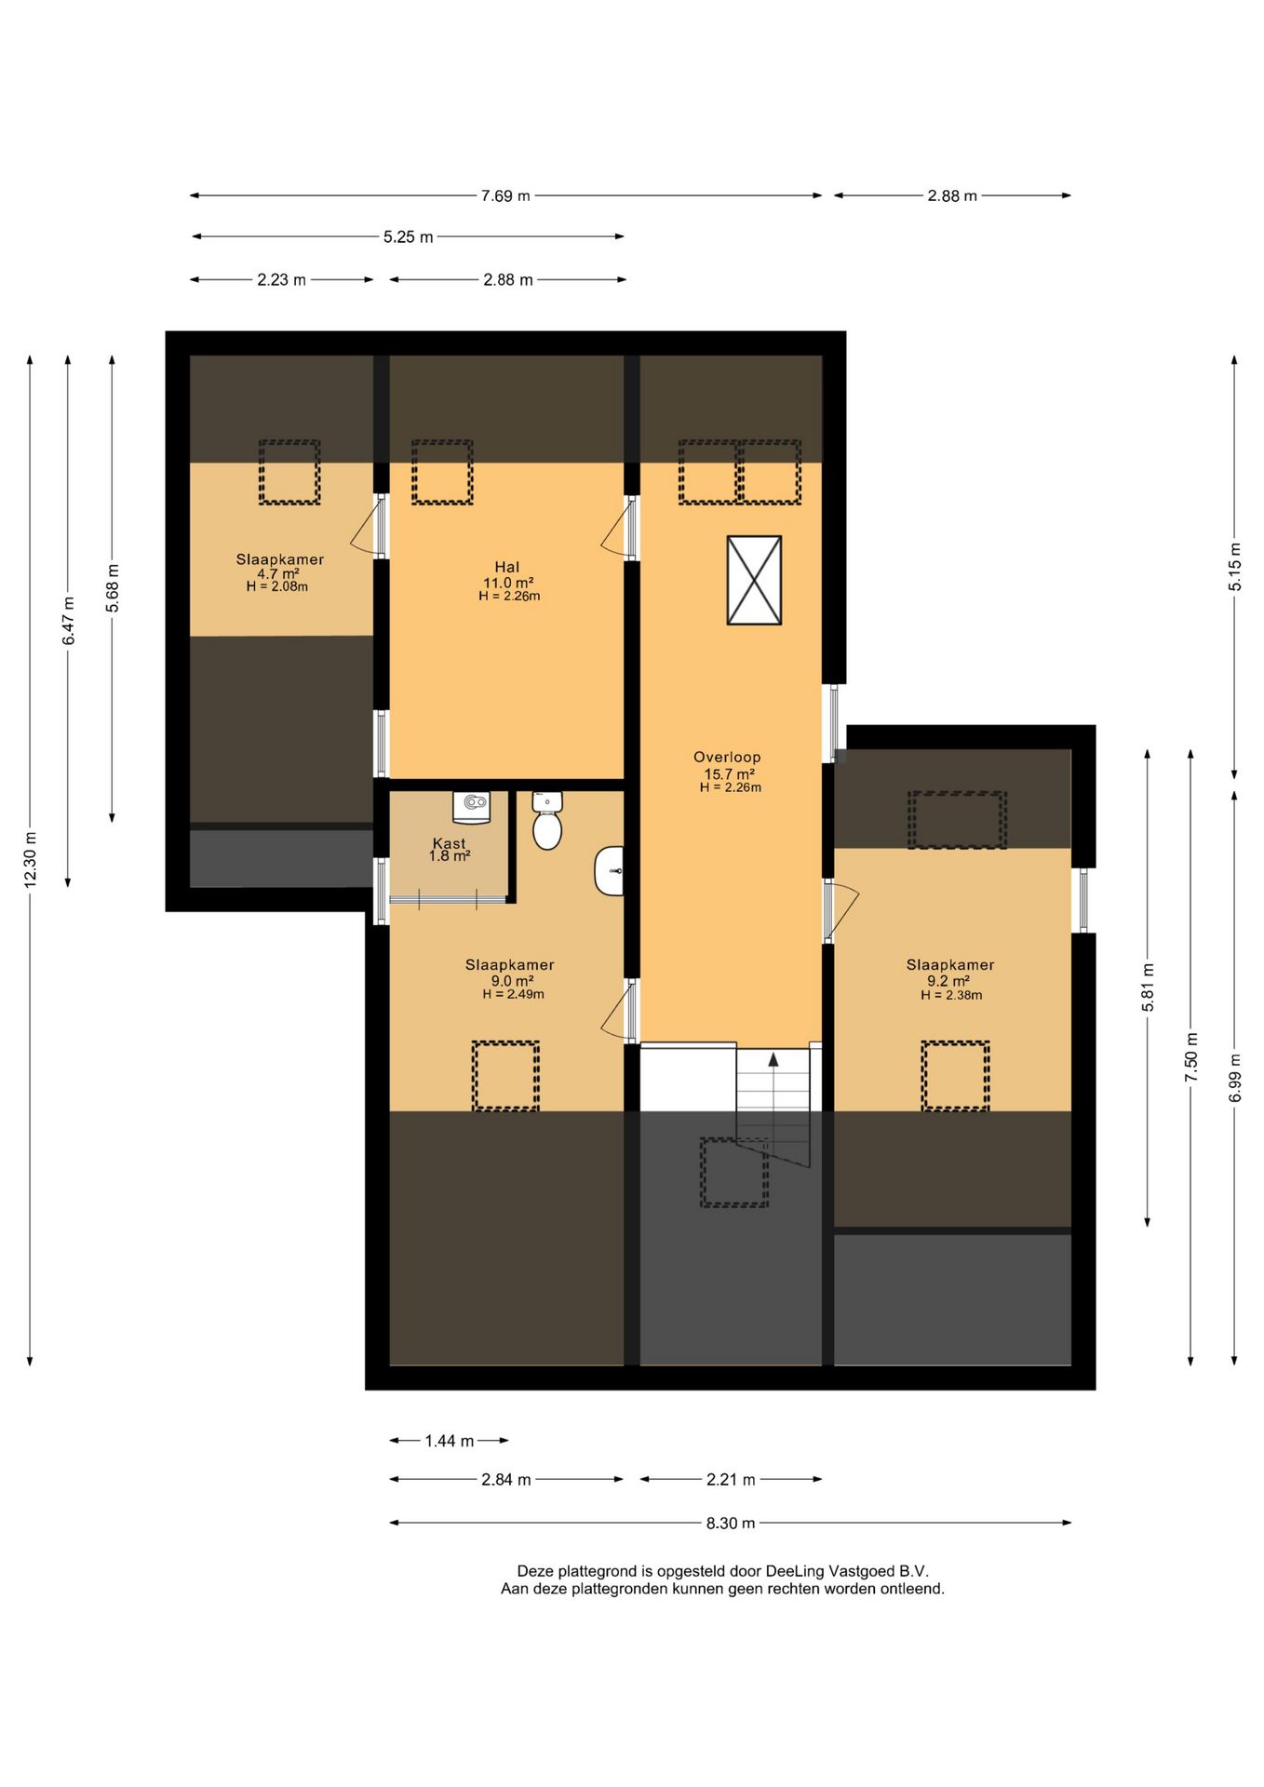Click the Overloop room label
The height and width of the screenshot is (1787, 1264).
coord(727,758)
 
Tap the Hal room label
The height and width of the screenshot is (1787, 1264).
coord(507,567)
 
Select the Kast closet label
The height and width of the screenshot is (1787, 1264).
coord(449,843)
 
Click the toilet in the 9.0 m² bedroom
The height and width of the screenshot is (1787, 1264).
coord(547,821)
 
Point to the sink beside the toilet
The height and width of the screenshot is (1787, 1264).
coord(609,872)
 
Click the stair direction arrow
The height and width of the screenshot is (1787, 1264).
coord(773,1058)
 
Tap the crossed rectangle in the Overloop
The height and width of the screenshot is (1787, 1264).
coord(754,580)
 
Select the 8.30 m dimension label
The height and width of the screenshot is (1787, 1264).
coord(731,1523)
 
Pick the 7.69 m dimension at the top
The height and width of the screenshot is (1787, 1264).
coord(505,195)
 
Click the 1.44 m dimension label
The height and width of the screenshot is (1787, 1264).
coord(450,1441)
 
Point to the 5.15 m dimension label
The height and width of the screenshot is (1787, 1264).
coord(1235,567)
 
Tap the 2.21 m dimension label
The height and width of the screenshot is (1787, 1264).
coord(731,1479)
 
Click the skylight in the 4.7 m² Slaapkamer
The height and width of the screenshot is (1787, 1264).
coord(289,473)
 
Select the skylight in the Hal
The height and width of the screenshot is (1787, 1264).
coord(442,473)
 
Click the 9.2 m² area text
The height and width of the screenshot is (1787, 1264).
coord(948,980)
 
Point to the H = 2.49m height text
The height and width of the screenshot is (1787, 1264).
coord(513,994)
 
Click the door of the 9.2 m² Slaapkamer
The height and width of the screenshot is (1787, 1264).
coord(840,909)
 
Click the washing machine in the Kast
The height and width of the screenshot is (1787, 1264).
coord(471,807)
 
